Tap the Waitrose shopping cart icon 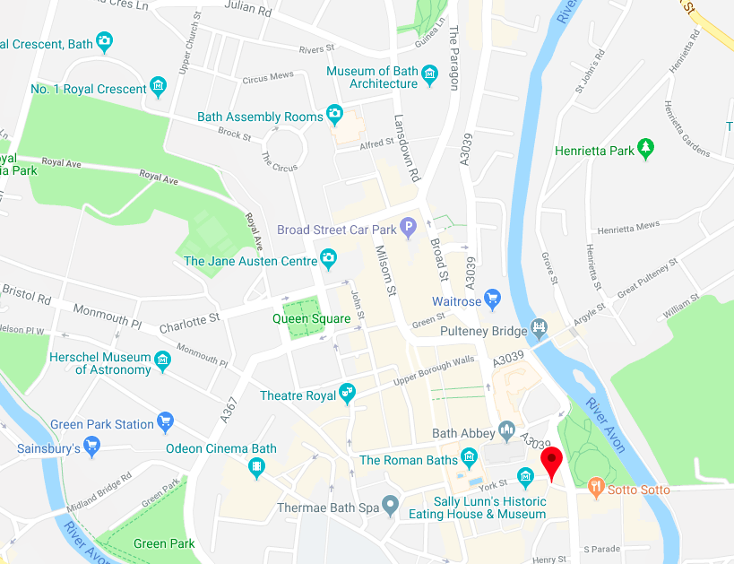pyautogui.click(x=491, y=298)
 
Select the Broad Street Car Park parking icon pyautogui.click(x=409, y=228)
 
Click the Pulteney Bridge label pyautogui.click(x=483, y=330)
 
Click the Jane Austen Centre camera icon pyautogui.click(x=329, y=260)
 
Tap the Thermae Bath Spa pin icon pyautogui.click(x=389, y=507)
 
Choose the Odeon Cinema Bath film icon pyautogui.click(x=258, y=466)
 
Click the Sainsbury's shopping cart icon pyautogui.click(x=91, y=446)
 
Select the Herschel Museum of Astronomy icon pyautogui.click(x=162, y=360)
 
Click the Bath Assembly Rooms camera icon pyautogui.click(x=335, y=114)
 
